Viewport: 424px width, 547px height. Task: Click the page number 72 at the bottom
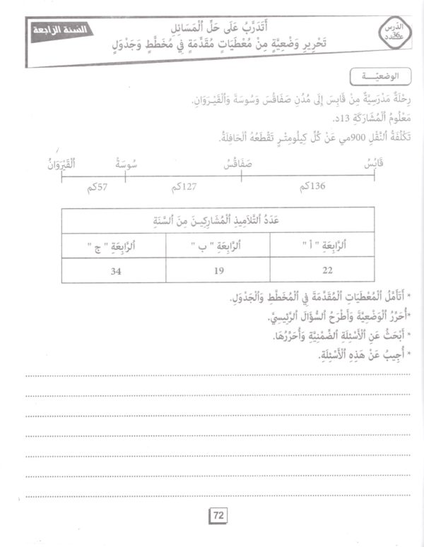(x=218, y=517)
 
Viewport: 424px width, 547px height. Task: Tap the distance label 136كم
(x=312, y=186)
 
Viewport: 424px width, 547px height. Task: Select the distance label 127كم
(x=183, y=188)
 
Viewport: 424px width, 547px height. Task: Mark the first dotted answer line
(x=212, y=375)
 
